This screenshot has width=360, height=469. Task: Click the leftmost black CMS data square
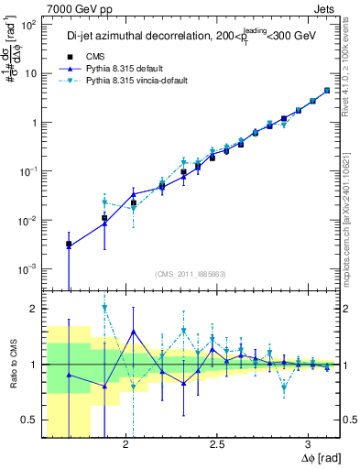pyautogui.click(x=69, y=245)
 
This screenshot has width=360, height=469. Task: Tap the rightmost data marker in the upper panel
pyautogui.click(x=327, y=91)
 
